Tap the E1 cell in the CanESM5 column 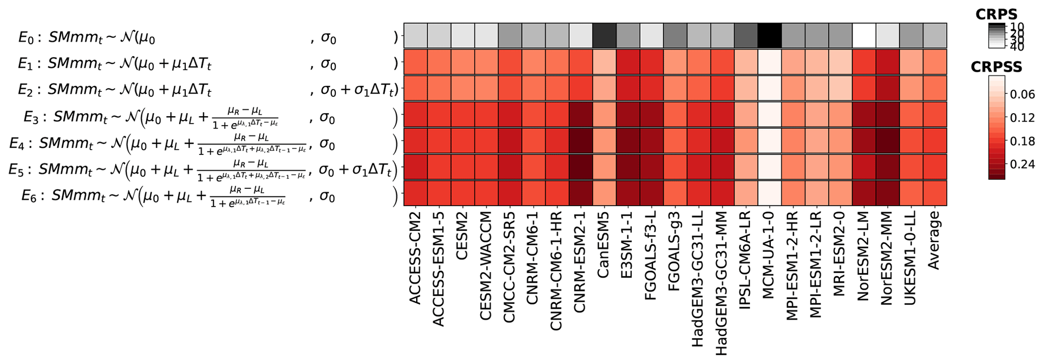(605, 62)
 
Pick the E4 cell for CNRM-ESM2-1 (581, 141)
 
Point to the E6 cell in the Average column (935, 193)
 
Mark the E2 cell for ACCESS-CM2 (416, 88)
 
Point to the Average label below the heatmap (935, 240)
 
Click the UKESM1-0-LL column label (911, 258)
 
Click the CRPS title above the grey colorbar (997, 14)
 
